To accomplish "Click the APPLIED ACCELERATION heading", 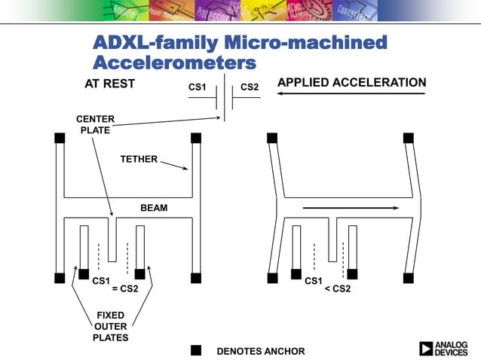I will click(x=352, y=82).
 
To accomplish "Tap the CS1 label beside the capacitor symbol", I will click(x=198, y=88).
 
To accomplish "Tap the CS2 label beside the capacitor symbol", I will click(x=250, y=88).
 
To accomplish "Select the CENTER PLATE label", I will click(x=96, y=125).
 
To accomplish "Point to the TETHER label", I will click(x=139, y=159).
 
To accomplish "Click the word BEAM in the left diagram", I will click(x=154, y=208).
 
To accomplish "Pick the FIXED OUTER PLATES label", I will click(x=111, y=326).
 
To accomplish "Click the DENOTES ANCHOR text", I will click(x=261, y=351).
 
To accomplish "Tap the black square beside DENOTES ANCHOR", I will click(x=196, y=350).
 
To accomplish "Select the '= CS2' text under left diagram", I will click(x=125, y=288).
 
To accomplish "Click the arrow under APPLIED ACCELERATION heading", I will click(x=351, y=94).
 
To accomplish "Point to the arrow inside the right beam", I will click(x=351, y=207).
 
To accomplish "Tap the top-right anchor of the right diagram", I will click(x=409, y=138).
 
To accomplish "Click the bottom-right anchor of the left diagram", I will click(x=196, y=277).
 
